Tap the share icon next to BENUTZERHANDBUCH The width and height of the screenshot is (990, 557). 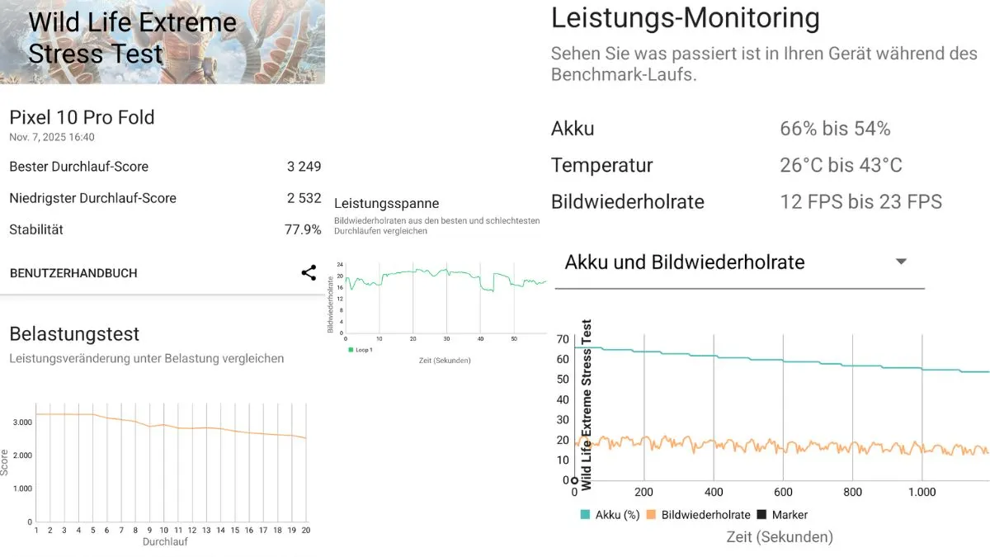pos(309,273)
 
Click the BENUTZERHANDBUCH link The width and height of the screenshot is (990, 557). pos(73,273)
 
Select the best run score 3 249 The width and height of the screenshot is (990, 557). pos(304,167)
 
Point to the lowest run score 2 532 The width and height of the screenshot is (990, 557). pos(304,198)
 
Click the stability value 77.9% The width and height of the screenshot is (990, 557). pos(303,229)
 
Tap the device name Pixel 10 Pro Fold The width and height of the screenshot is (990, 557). pos(82,117)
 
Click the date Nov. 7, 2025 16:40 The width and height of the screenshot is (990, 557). pos(52,137)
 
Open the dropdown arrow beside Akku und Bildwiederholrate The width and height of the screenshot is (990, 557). pos(901,262)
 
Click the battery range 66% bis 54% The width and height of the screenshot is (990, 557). pos(835,129)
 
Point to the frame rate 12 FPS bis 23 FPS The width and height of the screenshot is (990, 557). pos(860,201)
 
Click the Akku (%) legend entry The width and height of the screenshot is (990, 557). pos(610,514)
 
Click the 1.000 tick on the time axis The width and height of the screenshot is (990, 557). pos(922,492)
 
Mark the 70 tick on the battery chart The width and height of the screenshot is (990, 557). pos(563,339)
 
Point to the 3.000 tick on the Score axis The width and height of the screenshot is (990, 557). pos(22,422)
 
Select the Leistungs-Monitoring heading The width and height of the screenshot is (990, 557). pos(686,18)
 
